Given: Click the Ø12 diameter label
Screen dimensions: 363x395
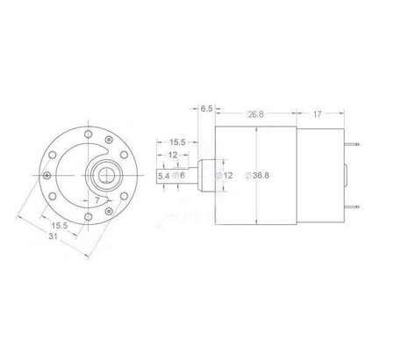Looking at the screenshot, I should [x=226, y=176].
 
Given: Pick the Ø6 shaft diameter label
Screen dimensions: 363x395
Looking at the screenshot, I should [x=179, y=176].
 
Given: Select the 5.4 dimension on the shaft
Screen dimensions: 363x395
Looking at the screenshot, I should [x=163, y=176].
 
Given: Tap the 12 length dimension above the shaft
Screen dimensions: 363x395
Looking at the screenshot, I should [x=174, y=155].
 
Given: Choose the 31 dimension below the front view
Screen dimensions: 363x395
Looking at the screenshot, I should [x=54, y=236].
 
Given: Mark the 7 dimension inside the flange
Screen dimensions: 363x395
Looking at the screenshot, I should [x=96, y=200].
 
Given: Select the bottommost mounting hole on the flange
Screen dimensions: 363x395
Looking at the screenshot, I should [x=88, y=217].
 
